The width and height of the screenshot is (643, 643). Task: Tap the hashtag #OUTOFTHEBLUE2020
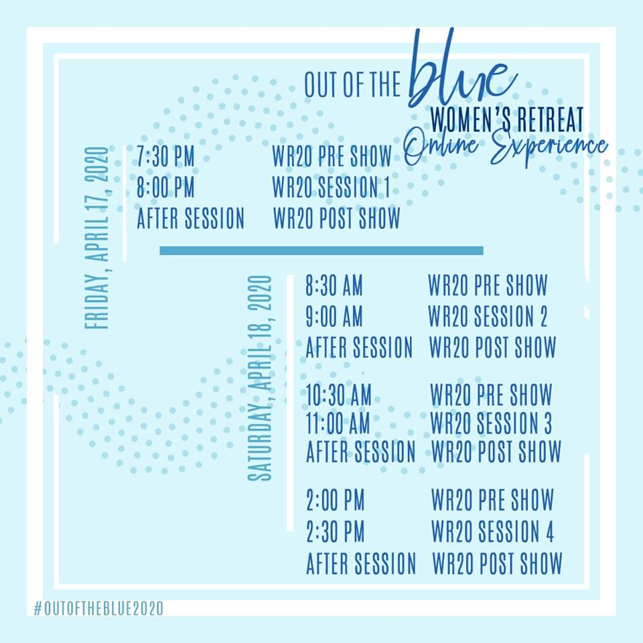pyautogui.click(x=98, y=608)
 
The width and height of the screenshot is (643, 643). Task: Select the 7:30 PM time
pyautogui.click(x=165, y=157)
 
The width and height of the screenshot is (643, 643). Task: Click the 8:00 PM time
pyautogui.click(x=165, y=188)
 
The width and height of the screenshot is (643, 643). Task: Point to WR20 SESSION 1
pyautogui.click(x=332, y=188)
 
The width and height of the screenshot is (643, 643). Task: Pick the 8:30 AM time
pyautogui.click(x=334, y=285)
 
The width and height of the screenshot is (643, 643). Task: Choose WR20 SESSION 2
pyautogui.click(x=488, y=316)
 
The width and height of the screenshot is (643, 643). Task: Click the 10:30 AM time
pyautogui.click(x=339, y=395)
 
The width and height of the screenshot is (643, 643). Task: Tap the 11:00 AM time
pyautogui.click(x=338, y=423)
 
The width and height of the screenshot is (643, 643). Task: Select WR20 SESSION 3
pyautogui.click(x=491, y=423)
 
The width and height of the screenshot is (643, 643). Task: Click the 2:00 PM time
pyautogui.click(x=336, y=500)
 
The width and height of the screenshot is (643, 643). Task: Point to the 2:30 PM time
pyautogui.click(x=336, y=531)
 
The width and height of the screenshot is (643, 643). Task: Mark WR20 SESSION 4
pyautogui.click(x=492, y=531)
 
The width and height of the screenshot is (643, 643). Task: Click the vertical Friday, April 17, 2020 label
pyautogui.click(x=96, y=238)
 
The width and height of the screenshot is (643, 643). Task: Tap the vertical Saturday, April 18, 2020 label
pyautogui.click(x=260, y=378)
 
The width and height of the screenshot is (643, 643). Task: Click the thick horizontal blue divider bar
pyautogui.click(x=321, y=251)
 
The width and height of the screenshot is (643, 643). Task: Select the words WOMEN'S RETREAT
pyautogui.click(x=507, y=119)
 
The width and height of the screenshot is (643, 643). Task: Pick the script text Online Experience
pyautogui.click(x=506, y=147)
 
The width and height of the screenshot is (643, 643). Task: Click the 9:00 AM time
pyautogui.click(x=334, y=316)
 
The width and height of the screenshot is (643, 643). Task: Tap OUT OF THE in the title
pyautogui.click(x=352, y=84)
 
